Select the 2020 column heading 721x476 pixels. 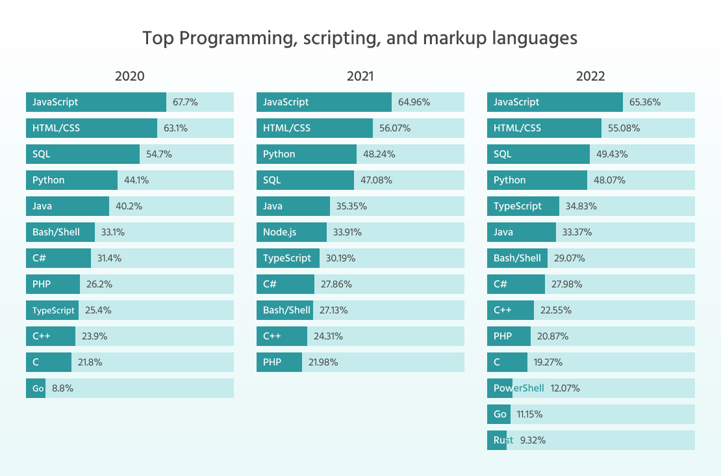coord(129,76)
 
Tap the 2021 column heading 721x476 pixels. coord(360,76)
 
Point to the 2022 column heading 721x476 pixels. coord(590,76)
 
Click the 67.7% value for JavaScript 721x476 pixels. coord(185,102)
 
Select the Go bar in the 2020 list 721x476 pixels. coord(36,388)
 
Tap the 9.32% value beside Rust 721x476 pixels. coord(533,440)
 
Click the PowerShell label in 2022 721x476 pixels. coord(518,388)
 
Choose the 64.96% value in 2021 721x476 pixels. coord(414,102)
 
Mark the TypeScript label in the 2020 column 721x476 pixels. coord(53,310)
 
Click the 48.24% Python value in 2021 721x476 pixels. coord(379,154)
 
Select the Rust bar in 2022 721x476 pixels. coord(497,440)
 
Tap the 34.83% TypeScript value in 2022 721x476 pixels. coord(581,206)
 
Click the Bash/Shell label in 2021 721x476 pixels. coord(286,310)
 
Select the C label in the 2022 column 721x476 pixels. coord(497,362)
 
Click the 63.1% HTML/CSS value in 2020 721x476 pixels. coord(175,128)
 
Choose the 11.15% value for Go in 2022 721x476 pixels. coord(529,414)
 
